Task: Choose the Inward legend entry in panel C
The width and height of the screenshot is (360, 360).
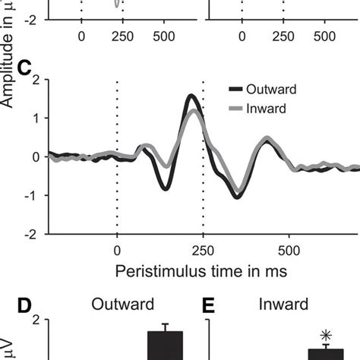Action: [260, 108]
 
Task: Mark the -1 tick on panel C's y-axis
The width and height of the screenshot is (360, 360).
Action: [36, 195]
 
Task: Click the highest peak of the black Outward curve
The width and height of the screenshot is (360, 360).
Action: [191, 96]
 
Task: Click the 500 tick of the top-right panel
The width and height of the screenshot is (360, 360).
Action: [326, 36]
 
